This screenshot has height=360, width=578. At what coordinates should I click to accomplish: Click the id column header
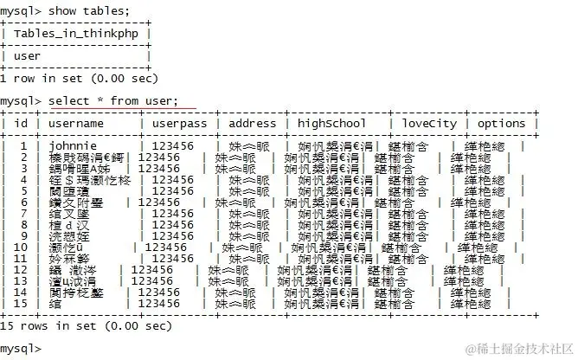coord(21,123)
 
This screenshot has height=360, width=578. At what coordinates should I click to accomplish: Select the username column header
coord(76,123)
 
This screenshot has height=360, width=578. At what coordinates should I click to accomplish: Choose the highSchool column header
coord(332,123)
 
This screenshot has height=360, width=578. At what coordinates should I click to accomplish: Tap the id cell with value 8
coord(24,225)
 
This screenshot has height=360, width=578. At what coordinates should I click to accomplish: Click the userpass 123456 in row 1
coord(172,146)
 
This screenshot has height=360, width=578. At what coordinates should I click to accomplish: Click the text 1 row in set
coord(80,78)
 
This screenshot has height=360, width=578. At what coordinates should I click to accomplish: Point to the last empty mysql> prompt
coord(21,348)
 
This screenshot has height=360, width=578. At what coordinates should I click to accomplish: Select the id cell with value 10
coord(21,247)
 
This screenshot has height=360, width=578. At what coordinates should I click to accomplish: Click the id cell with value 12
coord(21,270)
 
